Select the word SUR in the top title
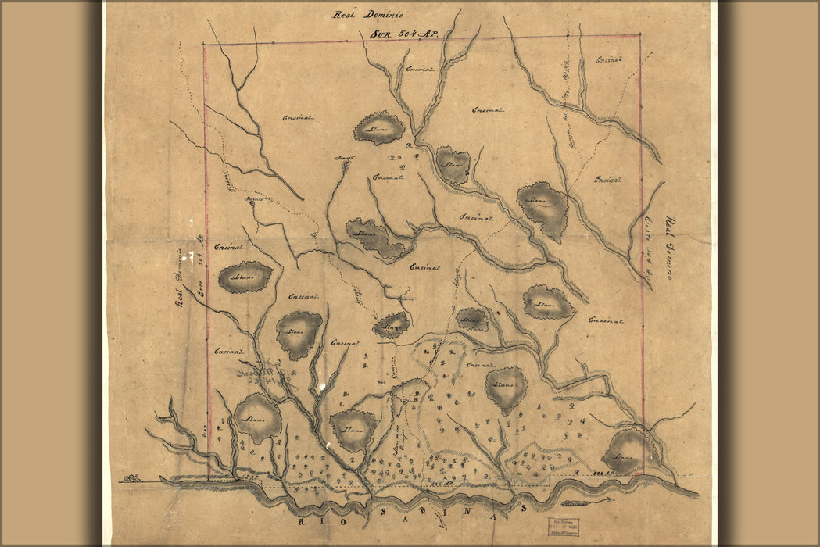pyautogui.click(x=379, y=34)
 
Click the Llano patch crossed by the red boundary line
pyautogui.click(x=626, y=452)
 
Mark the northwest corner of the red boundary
pyautogui.click(x=204, y=44)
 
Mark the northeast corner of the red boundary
pyautogui.click(x=640, y=35)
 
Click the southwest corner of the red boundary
pyautogui.click(x=209, y=477)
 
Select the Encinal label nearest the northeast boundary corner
pyautogui.click(x=609, y=59)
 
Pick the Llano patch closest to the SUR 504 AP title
pyautogui.click(x=380, y=128)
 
